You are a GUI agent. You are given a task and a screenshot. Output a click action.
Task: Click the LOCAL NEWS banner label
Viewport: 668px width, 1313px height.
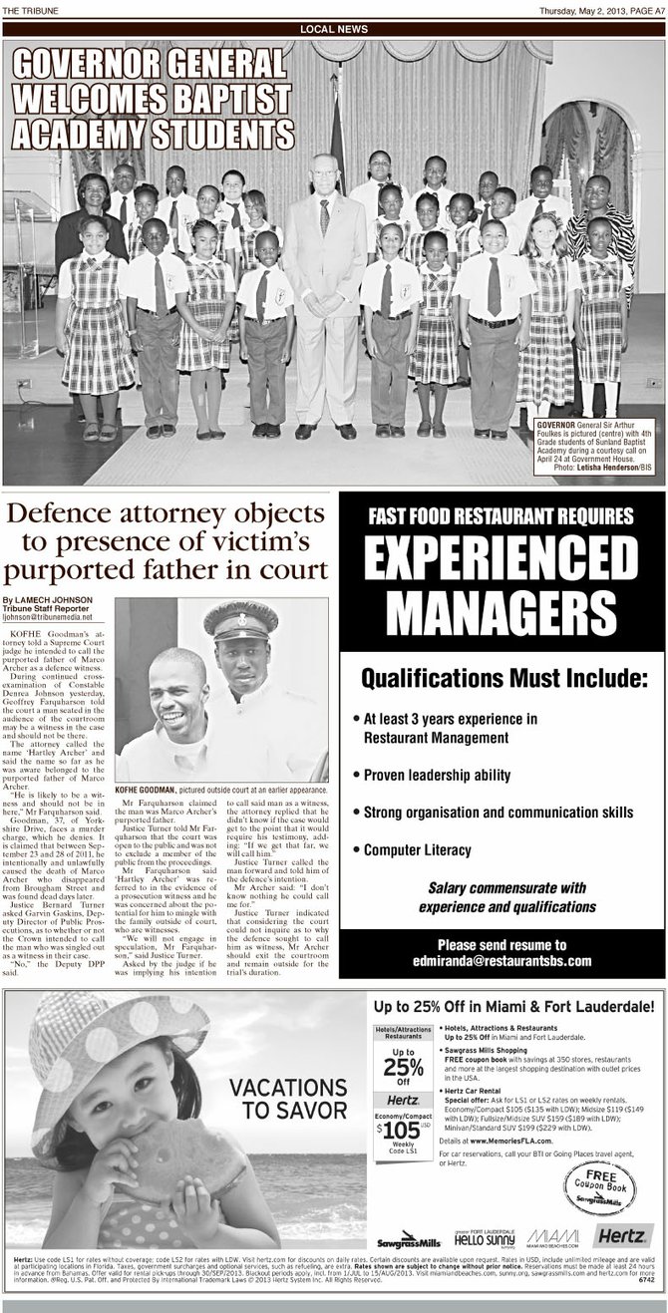(334, 28)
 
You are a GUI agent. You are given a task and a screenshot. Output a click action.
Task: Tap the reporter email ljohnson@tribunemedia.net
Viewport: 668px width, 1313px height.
(56, 618)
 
